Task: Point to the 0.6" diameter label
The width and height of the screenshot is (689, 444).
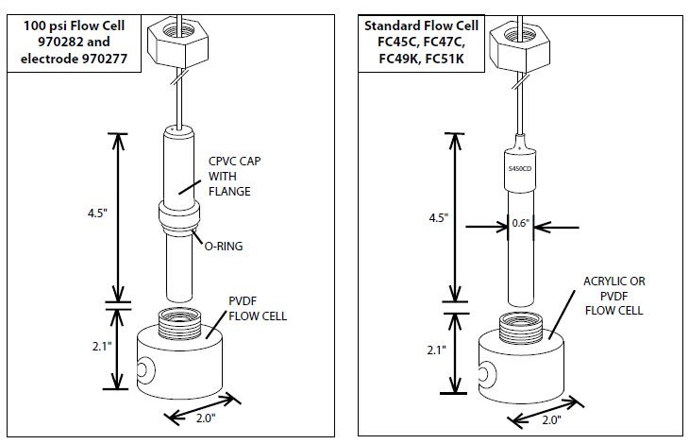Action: [x=519, y=224]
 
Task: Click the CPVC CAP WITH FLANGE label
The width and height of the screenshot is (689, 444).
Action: [x=231, y=177]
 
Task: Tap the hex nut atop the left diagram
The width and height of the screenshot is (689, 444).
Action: [x=177, y=37]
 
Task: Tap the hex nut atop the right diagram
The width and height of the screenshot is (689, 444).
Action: [x=518, y=37]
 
